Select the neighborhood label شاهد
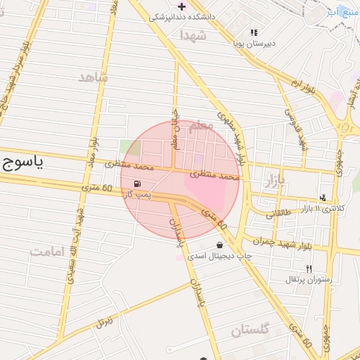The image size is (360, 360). pos(94,77)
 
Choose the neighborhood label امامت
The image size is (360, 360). pos(50,251)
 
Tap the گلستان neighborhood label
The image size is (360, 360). pos(250,329)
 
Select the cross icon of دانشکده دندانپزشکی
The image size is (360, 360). pos(181,6)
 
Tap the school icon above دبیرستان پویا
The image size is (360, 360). pos(254,32)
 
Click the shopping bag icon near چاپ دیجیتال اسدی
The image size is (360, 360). pos(221,245)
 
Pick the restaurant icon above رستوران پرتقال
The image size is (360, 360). pos(308,269)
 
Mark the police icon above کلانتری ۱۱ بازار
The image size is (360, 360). pos(322,198)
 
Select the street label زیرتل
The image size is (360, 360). pos(105,322)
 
